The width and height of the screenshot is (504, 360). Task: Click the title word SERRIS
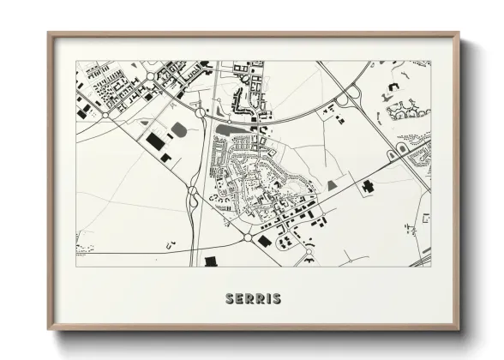252,299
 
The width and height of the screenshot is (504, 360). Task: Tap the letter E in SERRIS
240,299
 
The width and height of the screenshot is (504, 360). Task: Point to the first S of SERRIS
229,299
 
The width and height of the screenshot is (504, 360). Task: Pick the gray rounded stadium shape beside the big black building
179,130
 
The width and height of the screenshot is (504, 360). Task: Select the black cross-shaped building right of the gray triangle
368,184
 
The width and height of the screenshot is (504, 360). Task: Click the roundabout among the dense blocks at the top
150,77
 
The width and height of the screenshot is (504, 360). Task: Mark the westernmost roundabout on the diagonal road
105,113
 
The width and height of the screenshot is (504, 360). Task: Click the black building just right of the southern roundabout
265,241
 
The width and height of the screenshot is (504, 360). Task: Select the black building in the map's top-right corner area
393,87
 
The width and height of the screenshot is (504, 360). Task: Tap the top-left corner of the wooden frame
50,35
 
